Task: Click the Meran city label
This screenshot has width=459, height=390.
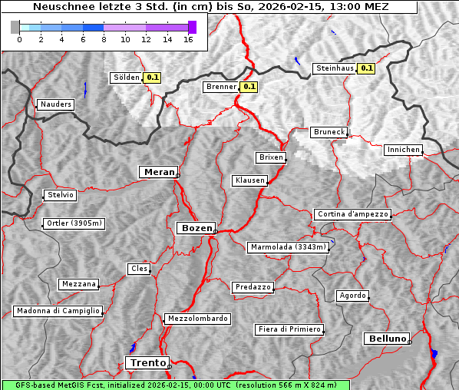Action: [x=158, y=172]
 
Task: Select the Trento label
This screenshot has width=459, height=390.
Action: [x=147, y=362]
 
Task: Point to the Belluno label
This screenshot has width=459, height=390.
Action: [x=386, y=338]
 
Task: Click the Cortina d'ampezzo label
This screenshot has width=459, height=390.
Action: [x=352, y=214]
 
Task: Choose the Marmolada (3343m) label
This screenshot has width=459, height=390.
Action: [x=289, y=247]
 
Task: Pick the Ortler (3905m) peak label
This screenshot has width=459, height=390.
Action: [x=73, y=223]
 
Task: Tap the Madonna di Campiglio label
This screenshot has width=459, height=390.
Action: [x=58, y=311]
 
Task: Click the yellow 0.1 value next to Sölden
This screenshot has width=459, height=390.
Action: [x=153, y=77]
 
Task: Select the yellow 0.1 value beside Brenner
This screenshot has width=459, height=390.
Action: [x=249, y=87]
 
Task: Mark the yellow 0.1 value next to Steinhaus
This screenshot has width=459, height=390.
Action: [x=367, y=68]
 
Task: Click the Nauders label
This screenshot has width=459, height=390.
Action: [x=55, y=104]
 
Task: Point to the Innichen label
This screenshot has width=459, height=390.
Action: [x=403, y=150]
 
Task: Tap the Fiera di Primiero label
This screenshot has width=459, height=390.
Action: [x=289, y=329]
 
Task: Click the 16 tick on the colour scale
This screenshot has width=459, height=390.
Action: [x=188, y=38]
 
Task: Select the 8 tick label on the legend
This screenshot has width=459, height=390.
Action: [x=104, y=38]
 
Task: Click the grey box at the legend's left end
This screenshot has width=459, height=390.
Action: [x=15, y=27]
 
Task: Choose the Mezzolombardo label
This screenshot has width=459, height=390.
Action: [x=196, y=319]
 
